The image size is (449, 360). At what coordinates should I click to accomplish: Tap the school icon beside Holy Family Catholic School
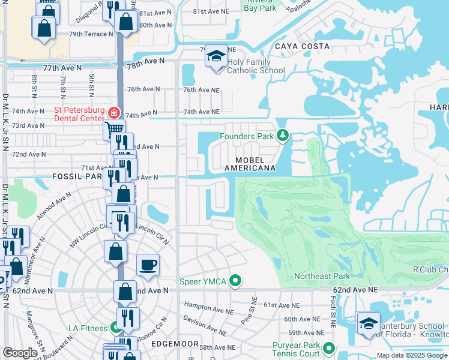coord(216,56)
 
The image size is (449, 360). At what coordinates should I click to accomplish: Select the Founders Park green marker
coord(282,136)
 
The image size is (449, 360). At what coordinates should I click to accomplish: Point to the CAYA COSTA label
coord(302,46)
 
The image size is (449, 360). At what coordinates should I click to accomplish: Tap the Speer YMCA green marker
coord(235,281)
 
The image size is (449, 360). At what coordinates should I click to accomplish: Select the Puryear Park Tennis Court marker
coord(329,347)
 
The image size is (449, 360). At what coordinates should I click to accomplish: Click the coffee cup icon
coord(148,265)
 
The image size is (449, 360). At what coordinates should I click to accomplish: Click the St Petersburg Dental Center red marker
coord(113,112)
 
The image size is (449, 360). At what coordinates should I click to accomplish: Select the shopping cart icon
coord(114,128)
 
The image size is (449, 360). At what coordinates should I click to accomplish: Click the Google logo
coord(20,353)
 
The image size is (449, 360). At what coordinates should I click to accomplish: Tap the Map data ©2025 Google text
coord(411,355)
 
